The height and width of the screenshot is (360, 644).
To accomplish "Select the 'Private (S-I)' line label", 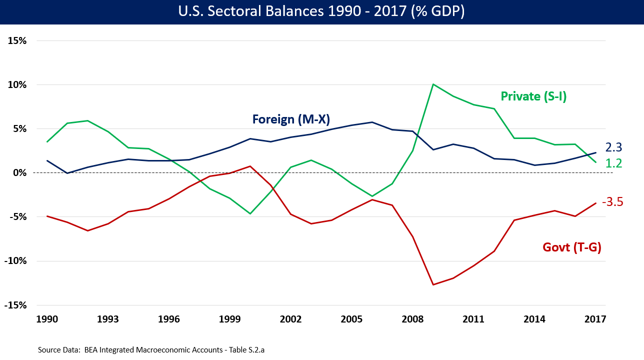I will pos(533,96).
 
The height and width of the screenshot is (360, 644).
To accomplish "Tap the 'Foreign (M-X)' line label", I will pos(291,119).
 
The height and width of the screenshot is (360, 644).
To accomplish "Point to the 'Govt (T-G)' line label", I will pos(571,246).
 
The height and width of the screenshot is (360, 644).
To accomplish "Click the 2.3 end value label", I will pos(613,147).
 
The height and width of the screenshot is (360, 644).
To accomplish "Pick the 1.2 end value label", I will pos(613,163).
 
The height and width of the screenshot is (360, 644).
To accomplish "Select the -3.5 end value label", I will pos(612,202).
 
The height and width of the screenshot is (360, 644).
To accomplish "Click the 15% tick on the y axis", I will pos(17,40).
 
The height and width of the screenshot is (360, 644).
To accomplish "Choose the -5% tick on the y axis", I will pos(17,217).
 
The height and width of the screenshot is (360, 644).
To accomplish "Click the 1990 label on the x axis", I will pos(47,319).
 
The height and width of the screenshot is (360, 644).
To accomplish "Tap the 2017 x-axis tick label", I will pos(595,319).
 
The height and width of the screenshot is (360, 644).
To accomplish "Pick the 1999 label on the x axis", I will pos(229,319).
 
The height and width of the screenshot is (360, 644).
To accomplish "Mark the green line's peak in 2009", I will pos(433,84).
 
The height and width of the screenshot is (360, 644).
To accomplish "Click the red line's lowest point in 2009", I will pos(433,284).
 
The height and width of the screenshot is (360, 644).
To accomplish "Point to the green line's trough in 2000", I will pos(250,214).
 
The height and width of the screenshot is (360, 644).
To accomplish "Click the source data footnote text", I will pos(151,350).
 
